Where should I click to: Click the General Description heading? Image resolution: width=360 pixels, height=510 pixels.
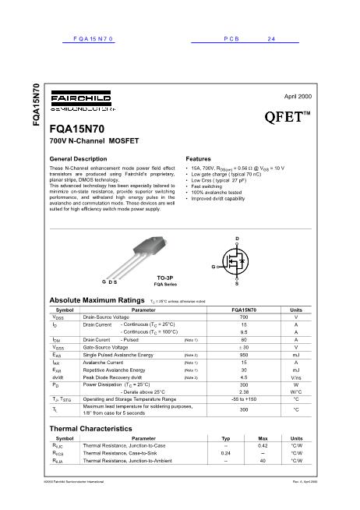pos(79,158)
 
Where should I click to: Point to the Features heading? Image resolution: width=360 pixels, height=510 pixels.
pos(201,158)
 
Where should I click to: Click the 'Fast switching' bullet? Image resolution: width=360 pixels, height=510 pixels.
pos(207,186)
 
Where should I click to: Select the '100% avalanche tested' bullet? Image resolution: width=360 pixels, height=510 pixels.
pos(216,193)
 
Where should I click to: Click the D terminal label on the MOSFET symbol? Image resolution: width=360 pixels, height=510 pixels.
pos(236,236)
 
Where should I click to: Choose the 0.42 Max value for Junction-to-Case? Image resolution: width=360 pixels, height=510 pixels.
pos(263,444)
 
